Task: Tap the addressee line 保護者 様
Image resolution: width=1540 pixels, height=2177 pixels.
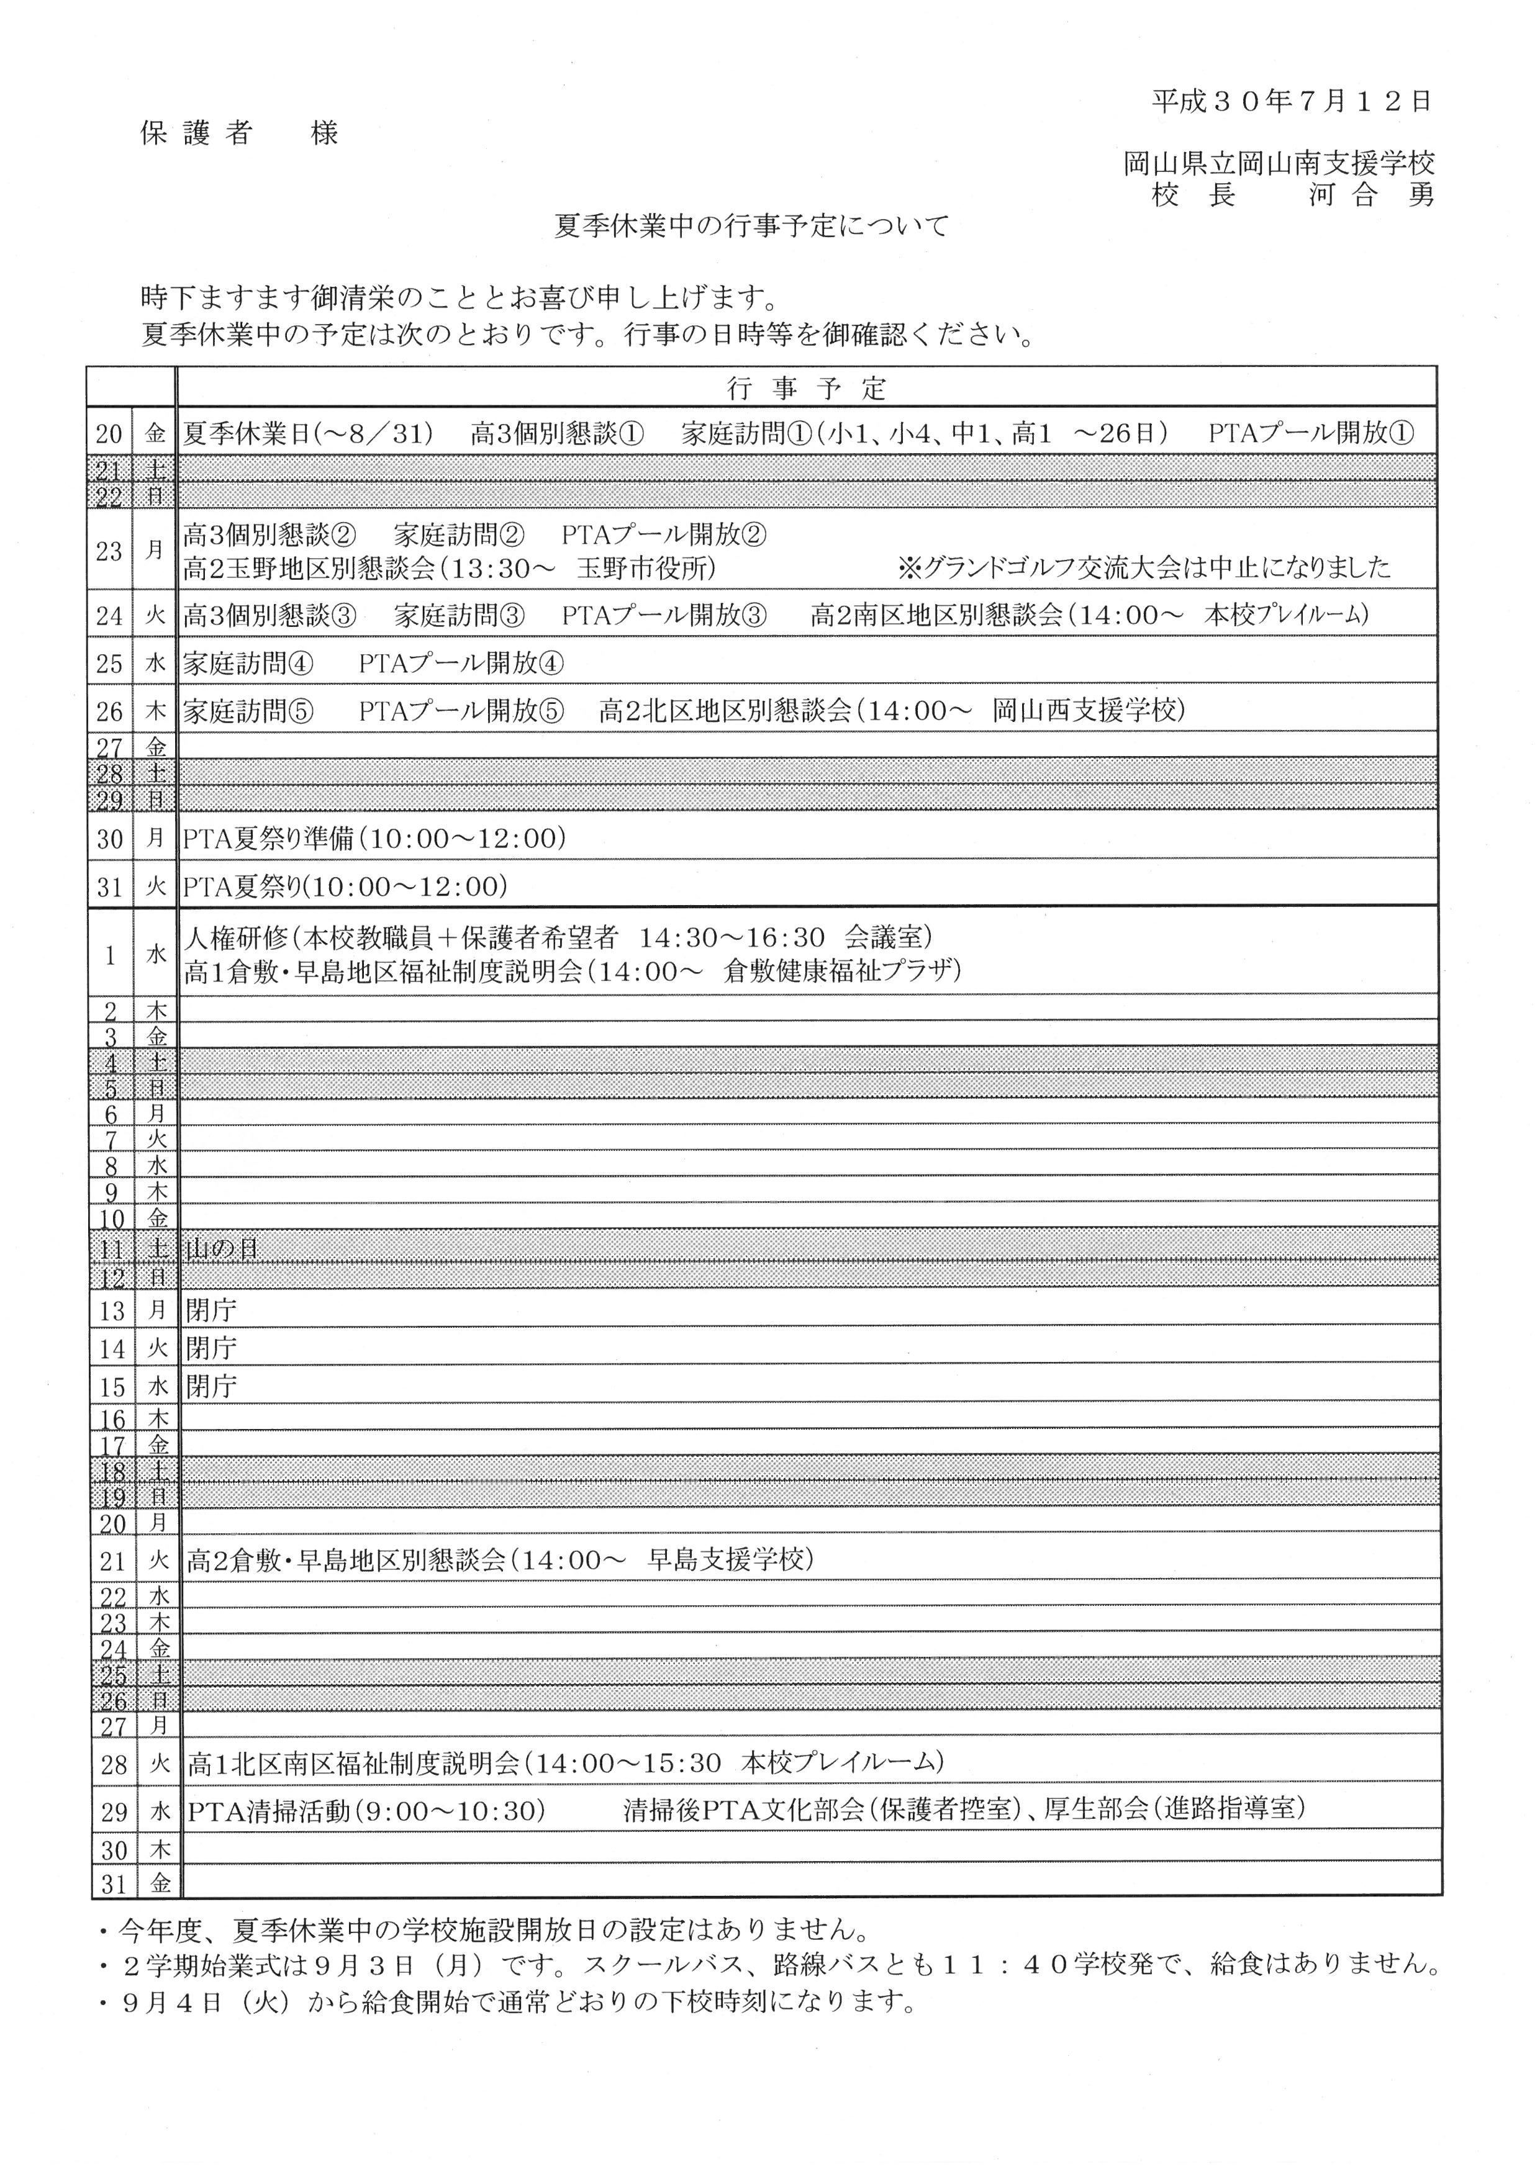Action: [239, 133]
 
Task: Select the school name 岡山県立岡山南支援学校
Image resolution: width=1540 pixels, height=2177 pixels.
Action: [1279, 163]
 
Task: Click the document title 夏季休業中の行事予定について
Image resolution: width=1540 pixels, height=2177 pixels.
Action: [751, 226]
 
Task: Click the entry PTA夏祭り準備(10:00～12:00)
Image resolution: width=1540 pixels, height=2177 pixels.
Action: [374, 838]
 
